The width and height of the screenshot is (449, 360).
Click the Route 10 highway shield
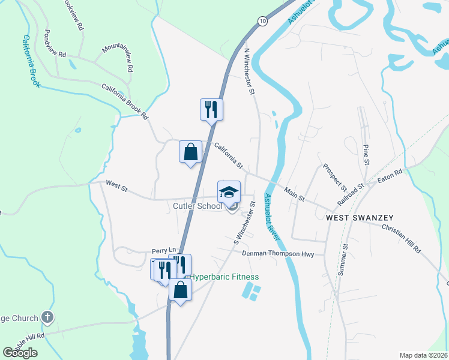[x=263, y=20]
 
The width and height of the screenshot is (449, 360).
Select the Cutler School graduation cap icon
[x=229, y=192]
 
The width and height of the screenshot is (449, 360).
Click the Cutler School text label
[x=197, y=206]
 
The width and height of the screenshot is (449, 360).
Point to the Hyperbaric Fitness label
[x=224, y=277]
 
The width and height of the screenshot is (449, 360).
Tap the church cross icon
[x=48, y=317]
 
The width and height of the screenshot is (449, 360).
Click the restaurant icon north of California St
[x=211, y=109]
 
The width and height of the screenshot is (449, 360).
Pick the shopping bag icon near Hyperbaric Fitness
[x=180, y=290]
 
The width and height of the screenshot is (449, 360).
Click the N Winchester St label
[x=249, y=71]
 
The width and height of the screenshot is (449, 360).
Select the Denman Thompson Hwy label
[x=278, y=254]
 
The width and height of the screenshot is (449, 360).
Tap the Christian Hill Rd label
[x=401, y=239]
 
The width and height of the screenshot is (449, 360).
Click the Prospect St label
[x=335, y=174]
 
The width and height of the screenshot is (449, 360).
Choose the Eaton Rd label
[x=389, y=176]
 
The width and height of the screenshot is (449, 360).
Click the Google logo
[x=20, y=353]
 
